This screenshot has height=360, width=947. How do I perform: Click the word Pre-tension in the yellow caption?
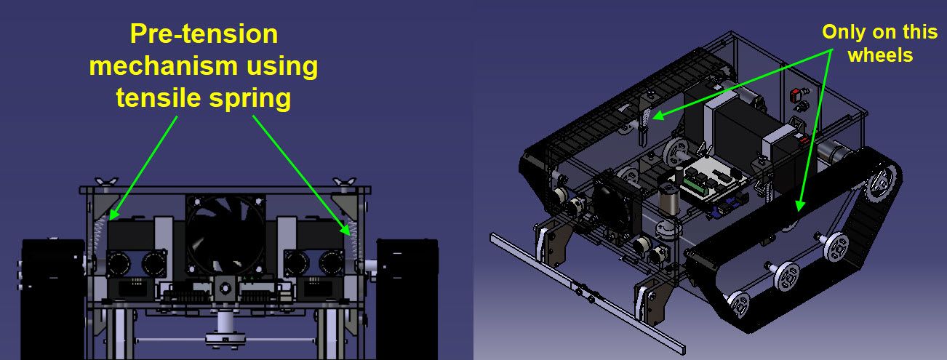coord(204,33)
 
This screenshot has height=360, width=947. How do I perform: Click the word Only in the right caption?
coord(842,32)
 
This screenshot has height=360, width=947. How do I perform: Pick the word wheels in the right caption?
coord(880,55)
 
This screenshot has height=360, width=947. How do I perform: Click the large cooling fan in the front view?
coord(225,233)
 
